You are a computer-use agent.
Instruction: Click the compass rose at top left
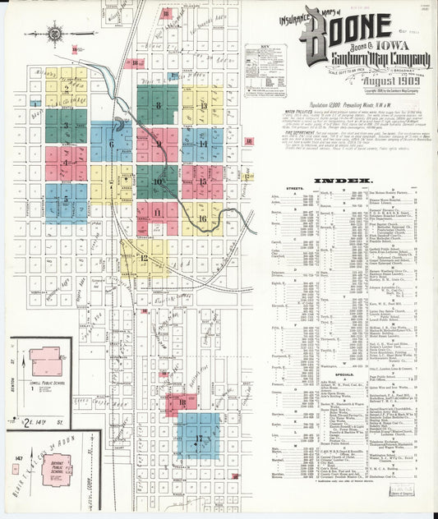[55, 34]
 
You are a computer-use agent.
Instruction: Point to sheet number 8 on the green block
[158, 105]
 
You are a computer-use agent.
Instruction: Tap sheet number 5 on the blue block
[66, 198]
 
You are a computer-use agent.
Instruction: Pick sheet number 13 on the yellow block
[202, 106]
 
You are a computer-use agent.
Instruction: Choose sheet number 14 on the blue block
[202, 144]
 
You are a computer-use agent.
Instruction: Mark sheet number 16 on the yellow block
[202, 218]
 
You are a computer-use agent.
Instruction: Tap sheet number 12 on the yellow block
[144, 258]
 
